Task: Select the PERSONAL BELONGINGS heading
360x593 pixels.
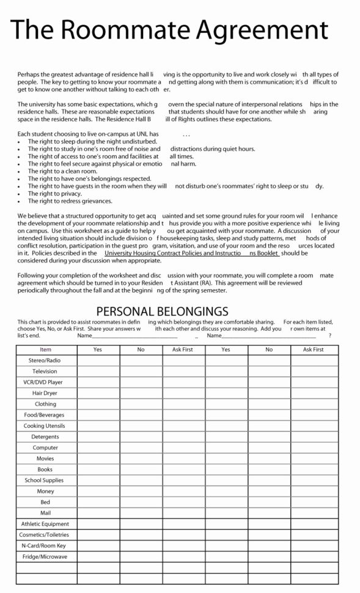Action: (163, 311)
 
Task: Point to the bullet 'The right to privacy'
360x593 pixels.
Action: (54, 193)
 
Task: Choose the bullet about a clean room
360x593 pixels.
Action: (58, 171)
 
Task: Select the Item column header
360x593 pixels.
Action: (46, 350)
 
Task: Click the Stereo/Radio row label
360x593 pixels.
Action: (46, 361)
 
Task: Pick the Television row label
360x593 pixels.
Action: (46, 372)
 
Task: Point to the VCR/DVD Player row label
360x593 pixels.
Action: (46, 382)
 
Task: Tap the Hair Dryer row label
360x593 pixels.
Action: (46, 393)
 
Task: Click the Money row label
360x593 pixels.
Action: (46, 491)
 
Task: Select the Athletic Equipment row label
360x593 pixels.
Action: (45, 524)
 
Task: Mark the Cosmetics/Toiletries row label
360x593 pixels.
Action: (45, 535)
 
